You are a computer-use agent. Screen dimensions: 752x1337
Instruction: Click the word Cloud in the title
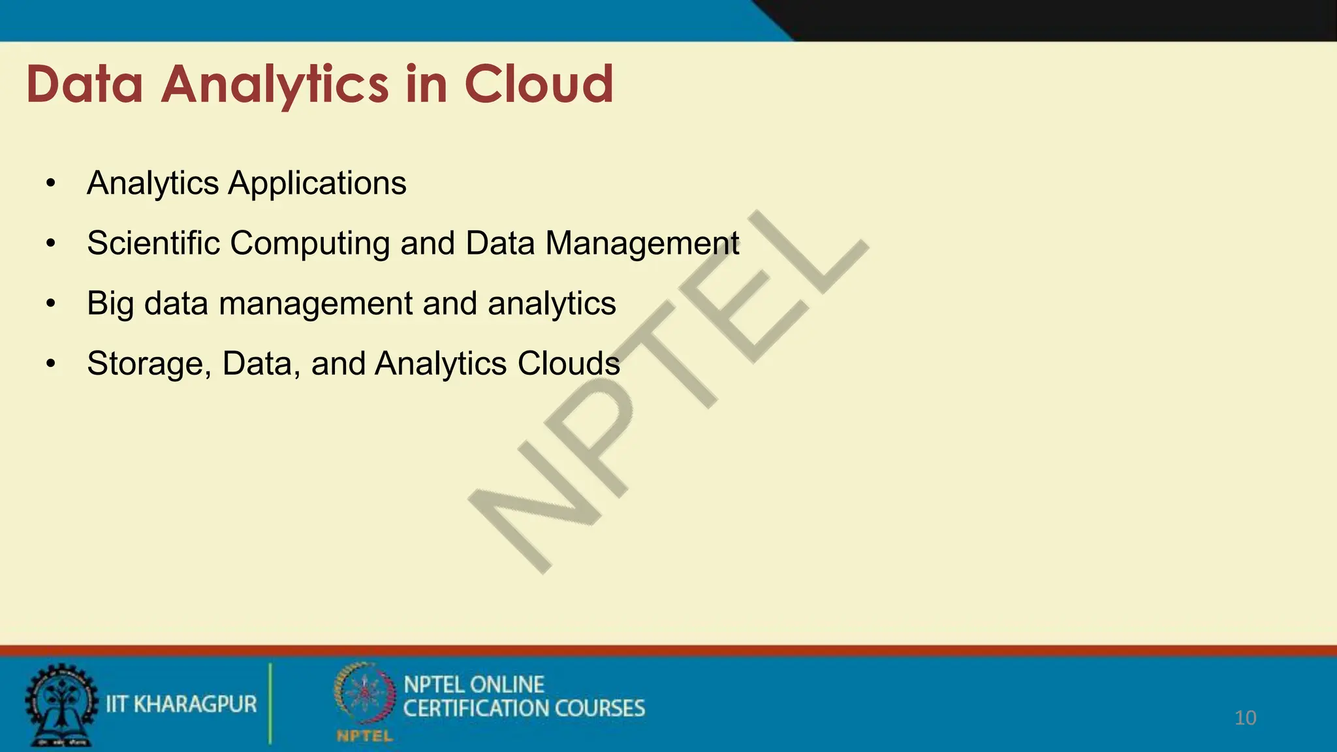[539, 84]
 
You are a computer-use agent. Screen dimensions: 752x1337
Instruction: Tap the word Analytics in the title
[275, 86]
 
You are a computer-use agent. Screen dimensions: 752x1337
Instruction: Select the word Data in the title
[84, 84]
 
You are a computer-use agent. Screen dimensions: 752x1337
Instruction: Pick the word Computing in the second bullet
[309, 244]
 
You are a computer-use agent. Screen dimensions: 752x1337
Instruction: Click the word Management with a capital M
[642, 244]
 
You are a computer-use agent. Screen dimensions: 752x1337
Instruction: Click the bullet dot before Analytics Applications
[51, 183]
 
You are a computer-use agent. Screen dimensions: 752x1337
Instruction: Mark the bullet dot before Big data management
[51, 304]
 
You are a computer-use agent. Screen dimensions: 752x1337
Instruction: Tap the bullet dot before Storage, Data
[51, 364]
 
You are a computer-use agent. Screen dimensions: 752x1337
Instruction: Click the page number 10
[1245, 718]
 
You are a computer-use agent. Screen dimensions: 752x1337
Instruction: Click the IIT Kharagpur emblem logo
[60, 705]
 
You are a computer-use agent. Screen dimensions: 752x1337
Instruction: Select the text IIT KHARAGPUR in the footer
[181, 704]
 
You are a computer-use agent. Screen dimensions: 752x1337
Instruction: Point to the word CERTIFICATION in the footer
[475, 708]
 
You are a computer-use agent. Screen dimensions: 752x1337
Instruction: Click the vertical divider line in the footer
[270, 704]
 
